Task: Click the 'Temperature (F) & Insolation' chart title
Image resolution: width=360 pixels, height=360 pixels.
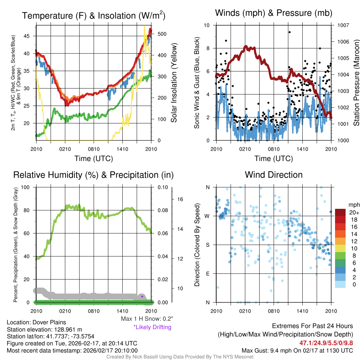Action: click(94, 15)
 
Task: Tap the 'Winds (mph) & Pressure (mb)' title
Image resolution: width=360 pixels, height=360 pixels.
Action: click(274, 13)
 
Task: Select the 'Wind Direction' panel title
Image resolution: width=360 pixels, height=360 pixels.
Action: click(274, 175)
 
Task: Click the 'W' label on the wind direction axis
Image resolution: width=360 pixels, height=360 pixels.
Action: click(207, 216)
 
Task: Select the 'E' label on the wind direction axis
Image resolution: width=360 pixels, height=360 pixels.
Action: click(207, 274)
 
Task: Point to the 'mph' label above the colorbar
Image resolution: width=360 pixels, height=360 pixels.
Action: click(353, 205)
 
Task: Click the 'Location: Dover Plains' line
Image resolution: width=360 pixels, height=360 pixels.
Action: click(36, 322)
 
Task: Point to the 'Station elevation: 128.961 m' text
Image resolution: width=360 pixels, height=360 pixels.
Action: click(44, 329)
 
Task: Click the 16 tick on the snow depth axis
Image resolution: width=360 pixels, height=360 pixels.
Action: click(180, 199)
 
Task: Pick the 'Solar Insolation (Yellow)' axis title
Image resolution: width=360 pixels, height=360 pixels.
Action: click(174, 83)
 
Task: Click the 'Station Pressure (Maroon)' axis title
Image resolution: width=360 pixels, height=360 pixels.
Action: click(356, 83)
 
